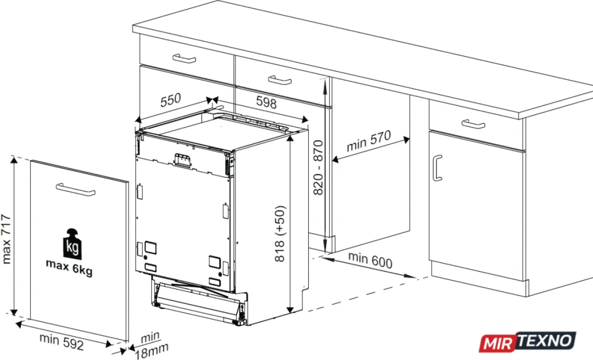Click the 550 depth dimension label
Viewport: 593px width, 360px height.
170,100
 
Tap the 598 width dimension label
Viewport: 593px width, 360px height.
266,102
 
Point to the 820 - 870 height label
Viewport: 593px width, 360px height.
319,168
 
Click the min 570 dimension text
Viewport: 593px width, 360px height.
369,141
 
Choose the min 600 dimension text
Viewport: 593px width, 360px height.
370,260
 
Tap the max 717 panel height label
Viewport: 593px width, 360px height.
6,239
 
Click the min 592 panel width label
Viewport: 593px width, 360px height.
61,342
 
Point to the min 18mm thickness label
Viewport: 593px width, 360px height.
151,345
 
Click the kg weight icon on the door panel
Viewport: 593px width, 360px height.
72,244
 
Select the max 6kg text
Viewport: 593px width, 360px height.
69,267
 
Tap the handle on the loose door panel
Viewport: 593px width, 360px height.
75,190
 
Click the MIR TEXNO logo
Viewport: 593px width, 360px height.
528,342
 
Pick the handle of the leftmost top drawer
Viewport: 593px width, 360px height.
184,59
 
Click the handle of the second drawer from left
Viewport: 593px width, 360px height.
280,80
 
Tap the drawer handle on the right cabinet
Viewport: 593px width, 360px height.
473,124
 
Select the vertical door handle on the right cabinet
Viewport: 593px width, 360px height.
437,168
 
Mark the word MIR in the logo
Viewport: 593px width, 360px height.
498,344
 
